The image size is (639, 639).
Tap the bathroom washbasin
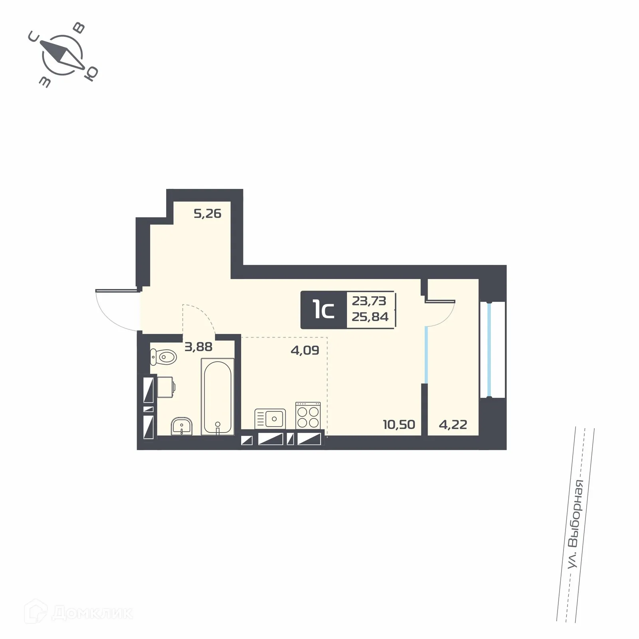pos(182,426)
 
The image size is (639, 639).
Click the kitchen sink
pos(270,419)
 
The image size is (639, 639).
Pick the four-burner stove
pos(308,415)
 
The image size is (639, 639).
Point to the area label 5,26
pos(207,214)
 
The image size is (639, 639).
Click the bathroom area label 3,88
pos(198,347)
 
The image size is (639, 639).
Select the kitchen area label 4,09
pos(305,351)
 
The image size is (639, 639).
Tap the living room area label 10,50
pos(399,424)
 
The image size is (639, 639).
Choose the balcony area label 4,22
pos(453,424)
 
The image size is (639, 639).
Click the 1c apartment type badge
pos(323,310)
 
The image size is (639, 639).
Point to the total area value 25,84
pos(370,317)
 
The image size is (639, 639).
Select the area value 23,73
pos(369,300)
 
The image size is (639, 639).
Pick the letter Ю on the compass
pos(92,74)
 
